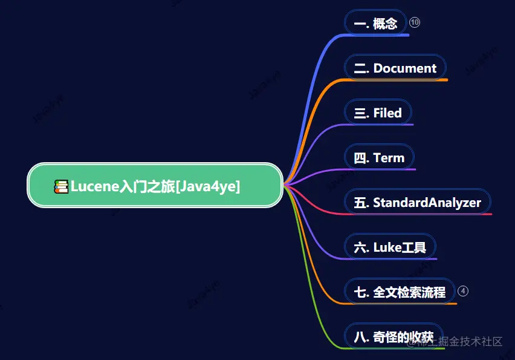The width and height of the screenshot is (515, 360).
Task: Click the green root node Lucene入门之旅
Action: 155,186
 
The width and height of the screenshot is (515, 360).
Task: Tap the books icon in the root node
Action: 61,186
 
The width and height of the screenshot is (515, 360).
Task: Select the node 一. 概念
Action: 375,24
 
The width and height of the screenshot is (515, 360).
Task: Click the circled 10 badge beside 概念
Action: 415,22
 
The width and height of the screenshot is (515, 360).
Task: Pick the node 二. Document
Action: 395,68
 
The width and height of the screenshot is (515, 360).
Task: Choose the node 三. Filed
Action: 377,113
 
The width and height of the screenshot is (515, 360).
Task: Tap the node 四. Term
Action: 378,158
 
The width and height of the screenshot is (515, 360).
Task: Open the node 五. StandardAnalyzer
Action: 417,202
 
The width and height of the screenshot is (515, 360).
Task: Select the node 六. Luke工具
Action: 389,247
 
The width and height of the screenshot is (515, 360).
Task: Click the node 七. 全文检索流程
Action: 399,292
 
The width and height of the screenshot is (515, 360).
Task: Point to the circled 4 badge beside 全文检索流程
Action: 463,291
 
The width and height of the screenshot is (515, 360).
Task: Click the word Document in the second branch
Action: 405,68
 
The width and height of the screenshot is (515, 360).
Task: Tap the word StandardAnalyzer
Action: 427,202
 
